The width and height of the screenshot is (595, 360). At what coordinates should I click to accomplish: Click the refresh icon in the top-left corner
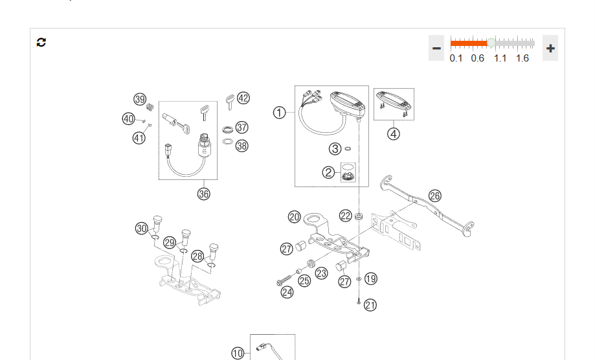pyautogui.click(x=41, y=42)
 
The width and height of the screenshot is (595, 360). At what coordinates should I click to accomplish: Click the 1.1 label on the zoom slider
pyautogui.click(x=500, y=58)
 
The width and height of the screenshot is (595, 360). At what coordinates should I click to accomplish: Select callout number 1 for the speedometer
pyautogui.click(x=279, y=113)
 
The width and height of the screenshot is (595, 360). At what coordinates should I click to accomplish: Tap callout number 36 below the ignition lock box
pyautogui.click(x=204, y=193)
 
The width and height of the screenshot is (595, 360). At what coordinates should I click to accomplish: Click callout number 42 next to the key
pyautogui.click(x=243, y=98)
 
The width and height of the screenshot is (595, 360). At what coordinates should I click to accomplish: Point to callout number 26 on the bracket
pyautogui.click(x=434, y=196)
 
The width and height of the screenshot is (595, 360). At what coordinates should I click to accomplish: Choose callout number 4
pyautogui.click(x=394, y=134)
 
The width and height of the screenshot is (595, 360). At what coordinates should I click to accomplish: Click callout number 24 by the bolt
pyautogui.click(x=287, y=292)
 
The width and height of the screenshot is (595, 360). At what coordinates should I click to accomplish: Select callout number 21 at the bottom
pyautogui.click(x=370, y=304)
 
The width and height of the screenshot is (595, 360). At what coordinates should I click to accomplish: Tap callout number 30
pyautogui.click(x=142, y=228)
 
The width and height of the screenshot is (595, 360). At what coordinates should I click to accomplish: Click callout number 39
pyautogui.click(x=140, y=99)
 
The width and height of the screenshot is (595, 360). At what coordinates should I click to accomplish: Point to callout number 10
pyautogui.click(x=238, y=353)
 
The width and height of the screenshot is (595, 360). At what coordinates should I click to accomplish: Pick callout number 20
pyautogui.click(x=295, y=217)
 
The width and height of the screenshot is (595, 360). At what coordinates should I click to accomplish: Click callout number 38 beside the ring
pyautogui.click(x=241, y=146)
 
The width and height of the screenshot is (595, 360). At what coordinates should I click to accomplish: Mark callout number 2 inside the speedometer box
pyautogui.click(x=329, y=172)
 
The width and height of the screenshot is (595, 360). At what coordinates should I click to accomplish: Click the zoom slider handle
pyautogui.click(x=491, y=43)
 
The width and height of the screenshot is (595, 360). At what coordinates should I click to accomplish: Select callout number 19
pyautogui.click(x=370, y=278)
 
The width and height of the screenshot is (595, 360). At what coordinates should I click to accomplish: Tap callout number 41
pyautogui.click(x=139, y=137)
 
